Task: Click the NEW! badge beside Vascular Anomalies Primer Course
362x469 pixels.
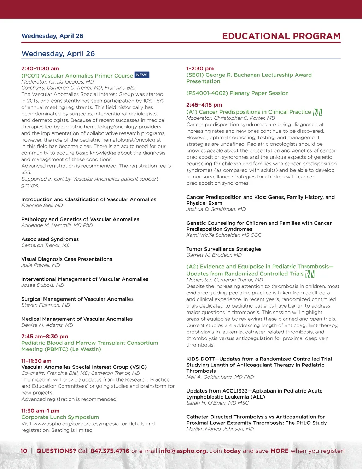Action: [142, 75]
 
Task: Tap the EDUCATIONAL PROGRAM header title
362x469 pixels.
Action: [281, 36]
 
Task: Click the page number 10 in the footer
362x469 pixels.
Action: [24, 451]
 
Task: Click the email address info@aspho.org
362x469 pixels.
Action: [183, 451]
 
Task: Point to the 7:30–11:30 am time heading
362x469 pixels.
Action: [40, 69]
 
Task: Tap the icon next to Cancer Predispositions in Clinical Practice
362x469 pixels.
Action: [317, 112]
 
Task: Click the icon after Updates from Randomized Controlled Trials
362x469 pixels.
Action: [310, 274]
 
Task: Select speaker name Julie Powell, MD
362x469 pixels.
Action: [41, 265]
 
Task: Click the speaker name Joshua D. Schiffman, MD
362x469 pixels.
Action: [216, 209]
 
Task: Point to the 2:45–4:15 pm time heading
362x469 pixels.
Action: [204, 105]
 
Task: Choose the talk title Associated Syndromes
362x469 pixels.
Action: [50, 239]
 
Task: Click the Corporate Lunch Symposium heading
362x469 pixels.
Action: [60, 417]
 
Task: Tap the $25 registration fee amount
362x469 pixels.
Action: [26, 172]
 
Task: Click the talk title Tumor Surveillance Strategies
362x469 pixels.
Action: [224, 249]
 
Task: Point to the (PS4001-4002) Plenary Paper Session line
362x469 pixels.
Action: [237, 93]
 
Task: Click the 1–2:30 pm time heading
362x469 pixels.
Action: [200, 69]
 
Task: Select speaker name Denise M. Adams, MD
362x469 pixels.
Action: [47, 325]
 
